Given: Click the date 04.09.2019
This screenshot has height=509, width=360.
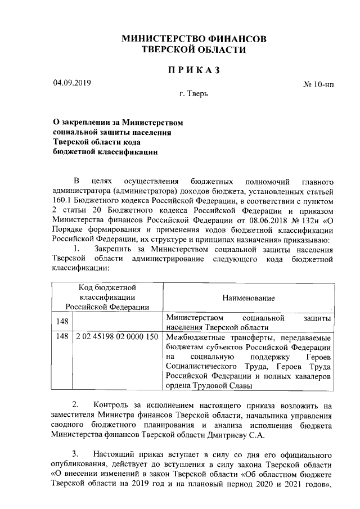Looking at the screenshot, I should pos(71,83).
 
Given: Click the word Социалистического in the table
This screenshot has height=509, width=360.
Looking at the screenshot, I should pos(201,367).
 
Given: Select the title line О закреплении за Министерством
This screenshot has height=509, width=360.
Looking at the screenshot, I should pos(118,122).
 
